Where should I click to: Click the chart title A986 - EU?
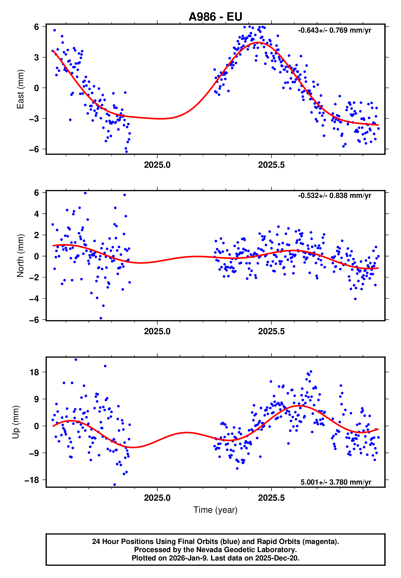coord(215,17)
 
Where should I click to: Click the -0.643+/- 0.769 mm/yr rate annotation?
coord(334,30)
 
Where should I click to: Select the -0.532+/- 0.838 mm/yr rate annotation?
coord(334,196)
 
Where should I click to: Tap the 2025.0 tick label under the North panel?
coord(157,331)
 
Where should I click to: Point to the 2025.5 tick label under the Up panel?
coord(271,498)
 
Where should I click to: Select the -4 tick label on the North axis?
coord(34,299)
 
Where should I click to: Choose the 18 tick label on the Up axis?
coord(34,372)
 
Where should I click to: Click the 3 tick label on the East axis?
coord(36,57)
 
